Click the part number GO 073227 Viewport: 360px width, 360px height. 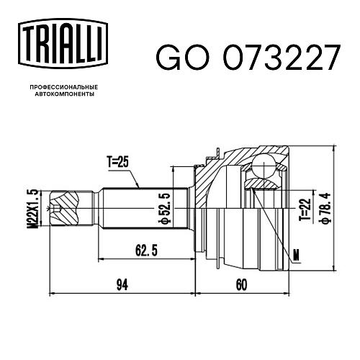coord(248,58)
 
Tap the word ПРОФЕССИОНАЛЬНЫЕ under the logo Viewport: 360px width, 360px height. coord(64,87)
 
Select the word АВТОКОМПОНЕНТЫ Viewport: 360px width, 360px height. coord(64,94)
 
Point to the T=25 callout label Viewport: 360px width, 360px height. coord(118,162)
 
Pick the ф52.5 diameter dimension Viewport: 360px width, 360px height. coord(166,209)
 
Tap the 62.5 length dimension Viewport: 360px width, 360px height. coord(146,251)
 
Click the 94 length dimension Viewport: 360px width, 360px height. coord(122,285)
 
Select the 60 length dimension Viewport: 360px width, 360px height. coord(241,285)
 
